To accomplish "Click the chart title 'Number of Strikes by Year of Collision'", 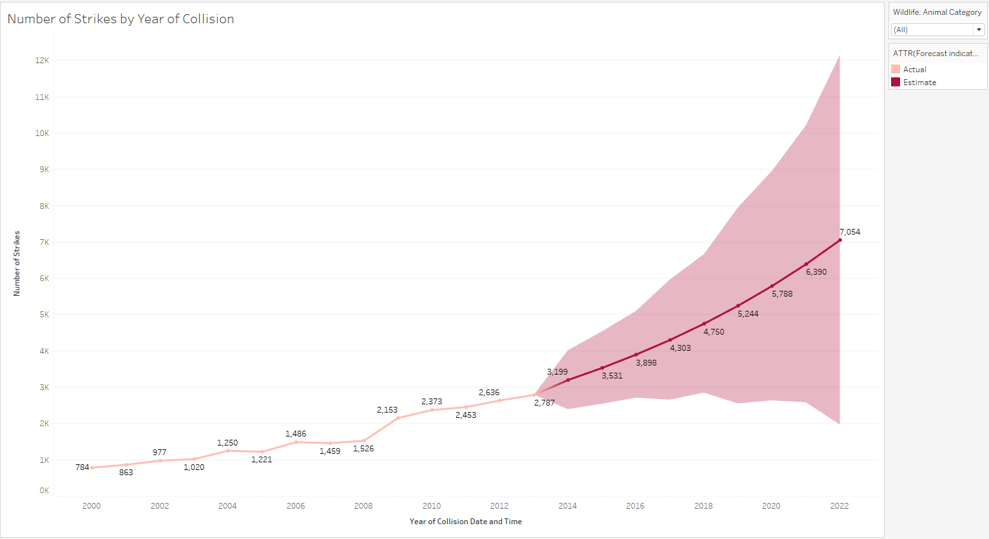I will pyautogui.click(x=120, y=19).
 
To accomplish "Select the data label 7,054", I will pyautogui.click(x=849, y=232).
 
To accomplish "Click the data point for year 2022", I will pyautogui.click(x=840, y=240).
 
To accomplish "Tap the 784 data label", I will pyautogui.click(x=82, y=467).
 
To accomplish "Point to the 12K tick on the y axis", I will pyautogui.click(x=42, y=61).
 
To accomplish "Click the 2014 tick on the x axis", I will pyautogui.click(x=568, y=506).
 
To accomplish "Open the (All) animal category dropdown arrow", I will pyautogui.click(x=979, y=30).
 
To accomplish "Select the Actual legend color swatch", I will pyautogui.click(x=896, y=70).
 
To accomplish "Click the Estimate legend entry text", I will pyautogui.click(x=919, y=83).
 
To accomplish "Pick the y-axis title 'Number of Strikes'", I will pyautogui.click(x=17, y=264).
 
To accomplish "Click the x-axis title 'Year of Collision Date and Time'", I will pyautogui.click(x=465, y=522).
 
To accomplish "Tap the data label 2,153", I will pyautogui.click(x=387, y=410).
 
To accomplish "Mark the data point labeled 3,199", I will pyautogui.click(x=568, y=380).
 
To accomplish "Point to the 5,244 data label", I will pyautogui.click(x=748, y=314).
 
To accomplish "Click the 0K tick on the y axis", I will pyautogui.click(x=44, y=491).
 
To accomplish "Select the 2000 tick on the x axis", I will pyautogui.click(x=91, y=506).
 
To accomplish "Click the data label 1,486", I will pyautogui.click(x=296, y=434).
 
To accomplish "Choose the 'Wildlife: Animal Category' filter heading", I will pyautogui.click(x=937, y=12).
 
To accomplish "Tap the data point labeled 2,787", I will pyautogui.click(x=534, y=395).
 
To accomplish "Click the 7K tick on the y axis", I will pyautogui.click(x=44, y=242).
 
